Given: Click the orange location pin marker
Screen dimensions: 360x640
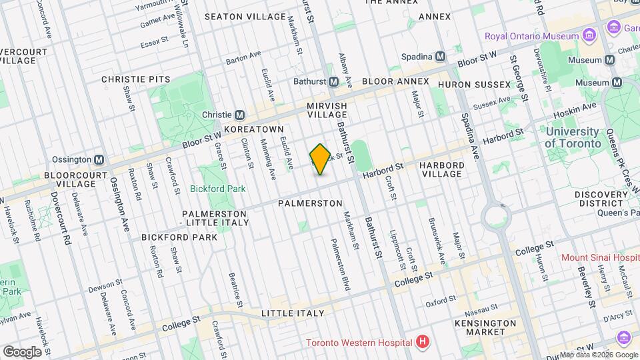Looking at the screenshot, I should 320,159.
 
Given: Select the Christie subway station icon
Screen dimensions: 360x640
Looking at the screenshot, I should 239,114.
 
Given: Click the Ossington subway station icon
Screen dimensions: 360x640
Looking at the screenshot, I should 99,160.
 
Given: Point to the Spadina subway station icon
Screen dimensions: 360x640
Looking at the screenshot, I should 440,56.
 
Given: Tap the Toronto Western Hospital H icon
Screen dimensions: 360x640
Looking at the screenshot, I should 421,343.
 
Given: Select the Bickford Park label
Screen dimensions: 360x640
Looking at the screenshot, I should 217,189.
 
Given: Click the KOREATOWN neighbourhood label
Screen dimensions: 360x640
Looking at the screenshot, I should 254,129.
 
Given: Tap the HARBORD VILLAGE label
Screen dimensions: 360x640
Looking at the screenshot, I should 441,169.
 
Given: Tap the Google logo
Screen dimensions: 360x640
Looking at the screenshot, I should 22,351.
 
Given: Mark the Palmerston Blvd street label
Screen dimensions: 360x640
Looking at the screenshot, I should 340,265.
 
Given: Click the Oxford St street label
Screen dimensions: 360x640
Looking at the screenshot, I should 441,301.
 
